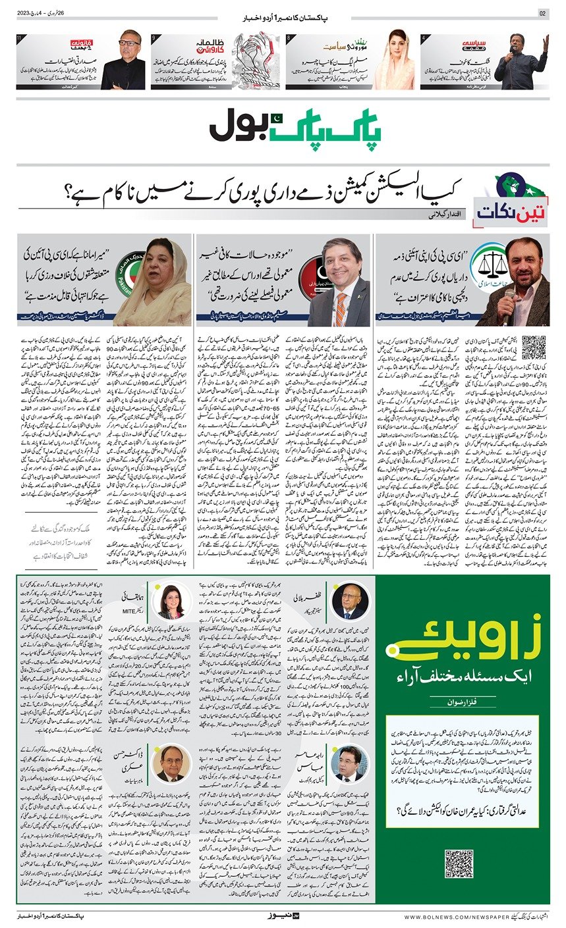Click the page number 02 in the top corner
click(x=543, y=14)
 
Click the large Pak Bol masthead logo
click(x=283, y=124)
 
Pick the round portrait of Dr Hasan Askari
click(x=171, y=763)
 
